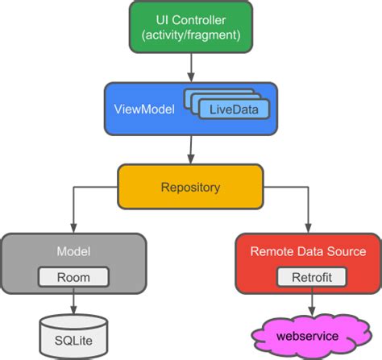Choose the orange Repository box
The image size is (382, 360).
(x=190, y=187)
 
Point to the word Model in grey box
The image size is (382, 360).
(x=73, y=251)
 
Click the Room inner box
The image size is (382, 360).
(x=73, y=277)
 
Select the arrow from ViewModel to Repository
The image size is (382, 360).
(x=190, y=148)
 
